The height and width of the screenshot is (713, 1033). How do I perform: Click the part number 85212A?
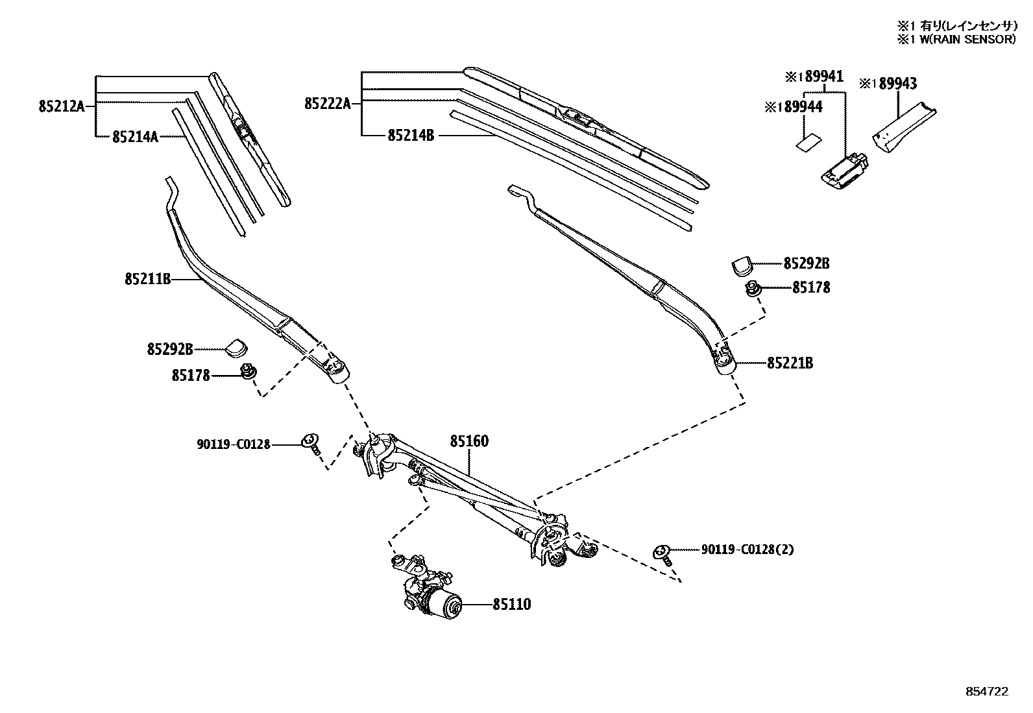click(x=62, y=106)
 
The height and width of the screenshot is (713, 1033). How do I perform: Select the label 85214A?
click(x=135, y=137)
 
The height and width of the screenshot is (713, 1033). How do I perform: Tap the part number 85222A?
click(x=328, y=103)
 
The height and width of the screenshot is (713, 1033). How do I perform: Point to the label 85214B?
click(x=411, y=135)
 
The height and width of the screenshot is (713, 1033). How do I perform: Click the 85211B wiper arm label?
click(x=147, y=279)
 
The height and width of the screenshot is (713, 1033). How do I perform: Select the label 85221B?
click(x=790, y=363)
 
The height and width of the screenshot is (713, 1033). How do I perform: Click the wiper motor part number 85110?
click(x=511, y=605)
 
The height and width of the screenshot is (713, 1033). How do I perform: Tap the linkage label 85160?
click(x=469, y=441)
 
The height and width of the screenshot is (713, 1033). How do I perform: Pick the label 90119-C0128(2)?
click(x=747, y=550)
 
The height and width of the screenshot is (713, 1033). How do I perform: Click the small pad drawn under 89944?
click(x=807, y=143)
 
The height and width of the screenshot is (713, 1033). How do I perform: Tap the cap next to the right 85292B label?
click(x=742, y=265)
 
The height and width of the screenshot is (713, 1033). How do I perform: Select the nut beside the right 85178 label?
click(x=753, y=288)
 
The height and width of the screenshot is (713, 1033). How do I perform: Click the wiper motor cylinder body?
click(x=444, y=605)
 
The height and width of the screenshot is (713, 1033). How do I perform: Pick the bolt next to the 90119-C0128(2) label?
click(x=662, y=554)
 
